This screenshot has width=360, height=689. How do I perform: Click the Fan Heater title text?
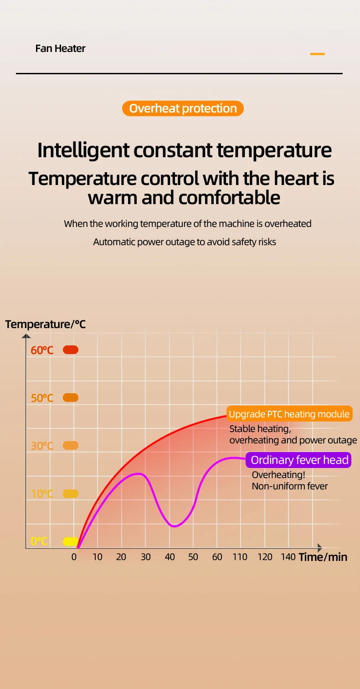(x=60, y=48)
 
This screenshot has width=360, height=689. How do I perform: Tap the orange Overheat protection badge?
(x=183, y=108)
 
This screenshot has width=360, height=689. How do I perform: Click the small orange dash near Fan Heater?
(x=317, y=54)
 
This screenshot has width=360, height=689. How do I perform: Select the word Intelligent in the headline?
(x=83, y=150)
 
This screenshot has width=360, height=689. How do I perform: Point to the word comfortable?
(x=229, y=197)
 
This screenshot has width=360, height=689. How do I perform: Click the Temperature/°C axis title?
(x=46, y=324)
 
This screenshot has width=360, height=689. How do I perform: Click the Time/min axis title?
(x=323, y=557)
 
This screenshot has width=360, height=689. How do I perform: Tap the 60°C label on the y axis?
(x=42, y=350)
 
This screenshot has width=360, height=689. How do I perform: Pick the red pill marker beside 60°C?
(x=71, y=350)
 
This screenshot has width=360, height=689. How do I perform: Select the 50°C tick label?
(x=42, y=398)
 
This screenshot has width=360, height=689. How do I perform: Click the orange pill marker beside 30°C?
(x=71, y=445)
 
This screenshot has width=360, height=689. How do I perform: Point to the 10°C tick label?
(x=42, y=494)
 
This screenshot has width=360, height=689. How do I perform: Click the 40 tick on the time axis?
(x=170, y=557)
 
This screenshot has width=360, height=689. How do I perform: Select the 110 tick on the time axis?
(x=240, y=557)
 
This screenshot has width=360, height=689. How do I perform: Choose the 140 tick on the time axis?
(x=288, y=557)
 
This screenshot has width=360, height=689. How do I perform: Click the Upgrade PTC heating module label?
(x=289, y=414)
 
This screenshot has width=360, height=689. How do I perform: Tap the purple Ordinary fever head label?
(x=298, y=460)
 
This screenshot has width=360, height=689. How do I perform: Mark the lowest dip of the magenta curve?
(x=174, y=526)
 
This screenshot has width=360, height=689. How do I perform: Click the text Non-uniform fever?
(x=289, y=486)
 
